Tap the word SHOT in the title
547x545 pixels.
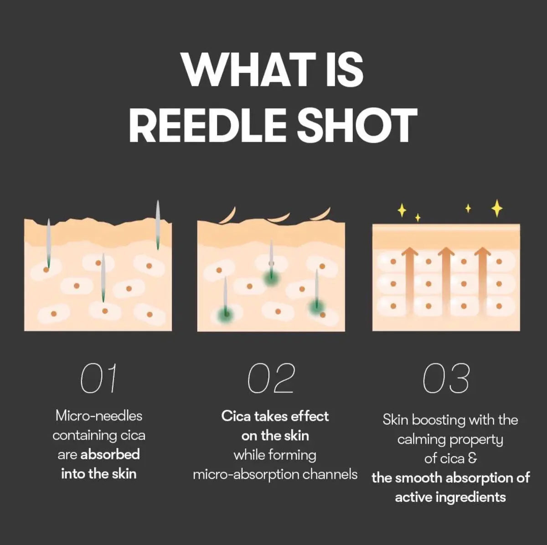(x=357, y=125)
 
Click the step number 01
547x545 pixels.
(x=99, y=378)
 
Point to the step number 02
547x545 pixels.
(x=271, y=378)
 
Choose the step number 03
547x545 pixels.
(x=446, y=378)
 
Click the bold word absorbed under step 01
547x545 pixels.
(x=110, y=454)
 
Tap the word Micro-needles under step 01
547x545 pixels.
(x=99, y=416)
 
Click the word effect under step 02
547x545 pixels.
(x=310, y=416)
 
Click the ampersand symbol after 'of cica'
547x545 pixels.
(x=472, y=458)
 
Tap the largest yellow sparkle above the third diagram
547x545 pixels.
(x=497, y=208)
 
